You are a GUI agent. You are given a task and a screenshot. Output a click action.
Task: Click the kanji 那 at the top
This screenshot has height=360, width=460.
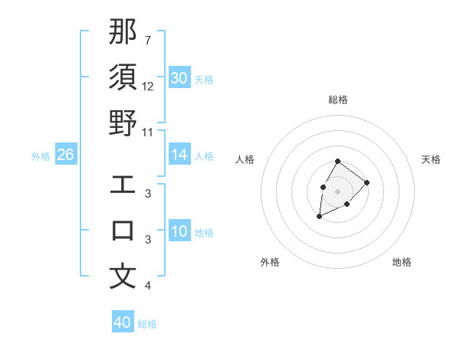pos(123,31)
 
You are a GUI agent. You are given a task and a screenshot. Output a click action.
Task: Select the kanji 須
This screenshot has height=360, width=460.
pos(123,77)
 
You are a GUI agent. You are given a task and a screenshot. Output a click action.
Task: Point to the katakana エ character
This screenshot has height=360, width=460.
pos(123,185)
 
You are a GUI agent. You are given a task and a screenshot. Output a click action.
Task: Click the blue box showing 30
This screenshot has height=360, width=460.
pos(179,78)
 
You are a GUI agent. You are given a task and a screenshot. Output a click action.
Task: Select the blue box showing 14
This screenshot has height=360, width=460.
pos(179,155)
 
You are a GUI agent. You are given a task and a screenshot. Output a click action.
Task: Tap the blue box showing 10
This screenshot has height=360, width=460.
pos(179,231)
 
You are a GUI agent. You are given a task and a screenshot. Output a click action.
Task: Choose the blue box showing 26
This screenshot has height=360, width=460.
pos(65,155)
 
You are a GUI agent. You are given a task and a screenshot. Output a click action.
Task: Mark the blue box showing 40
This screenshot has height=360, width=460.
pos(123,322)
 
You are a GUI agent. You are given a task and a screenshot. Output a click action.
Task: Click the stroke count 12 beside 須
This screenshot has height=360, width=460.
pos(148,87)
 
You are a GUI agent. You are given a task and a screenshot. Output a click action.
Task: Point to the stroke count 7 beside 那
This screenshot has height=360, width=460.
pos(147,41)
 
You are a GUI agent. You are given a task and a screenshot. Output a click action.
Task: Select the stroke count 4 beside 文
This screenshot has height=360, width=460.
pos(147,286)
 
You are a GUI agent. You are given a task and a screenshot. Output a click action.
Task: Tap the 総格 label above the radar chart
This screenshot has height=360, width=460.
pos(338,100)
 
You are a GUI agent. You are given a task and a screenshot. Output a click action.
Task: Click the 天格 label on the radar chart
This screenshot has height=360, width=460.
pos(432,159)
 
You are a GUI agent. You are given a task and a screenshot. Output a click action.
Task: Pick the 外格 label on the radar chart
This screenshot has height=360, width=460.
pos(270,262)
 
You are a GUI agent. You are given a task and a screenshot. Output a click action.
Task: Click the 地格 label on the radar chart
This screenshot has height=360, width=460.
pos(402,262)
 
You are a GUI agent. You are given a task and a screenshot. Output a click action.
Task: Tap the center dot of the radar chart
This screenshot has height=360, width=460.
pos(337,190)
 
